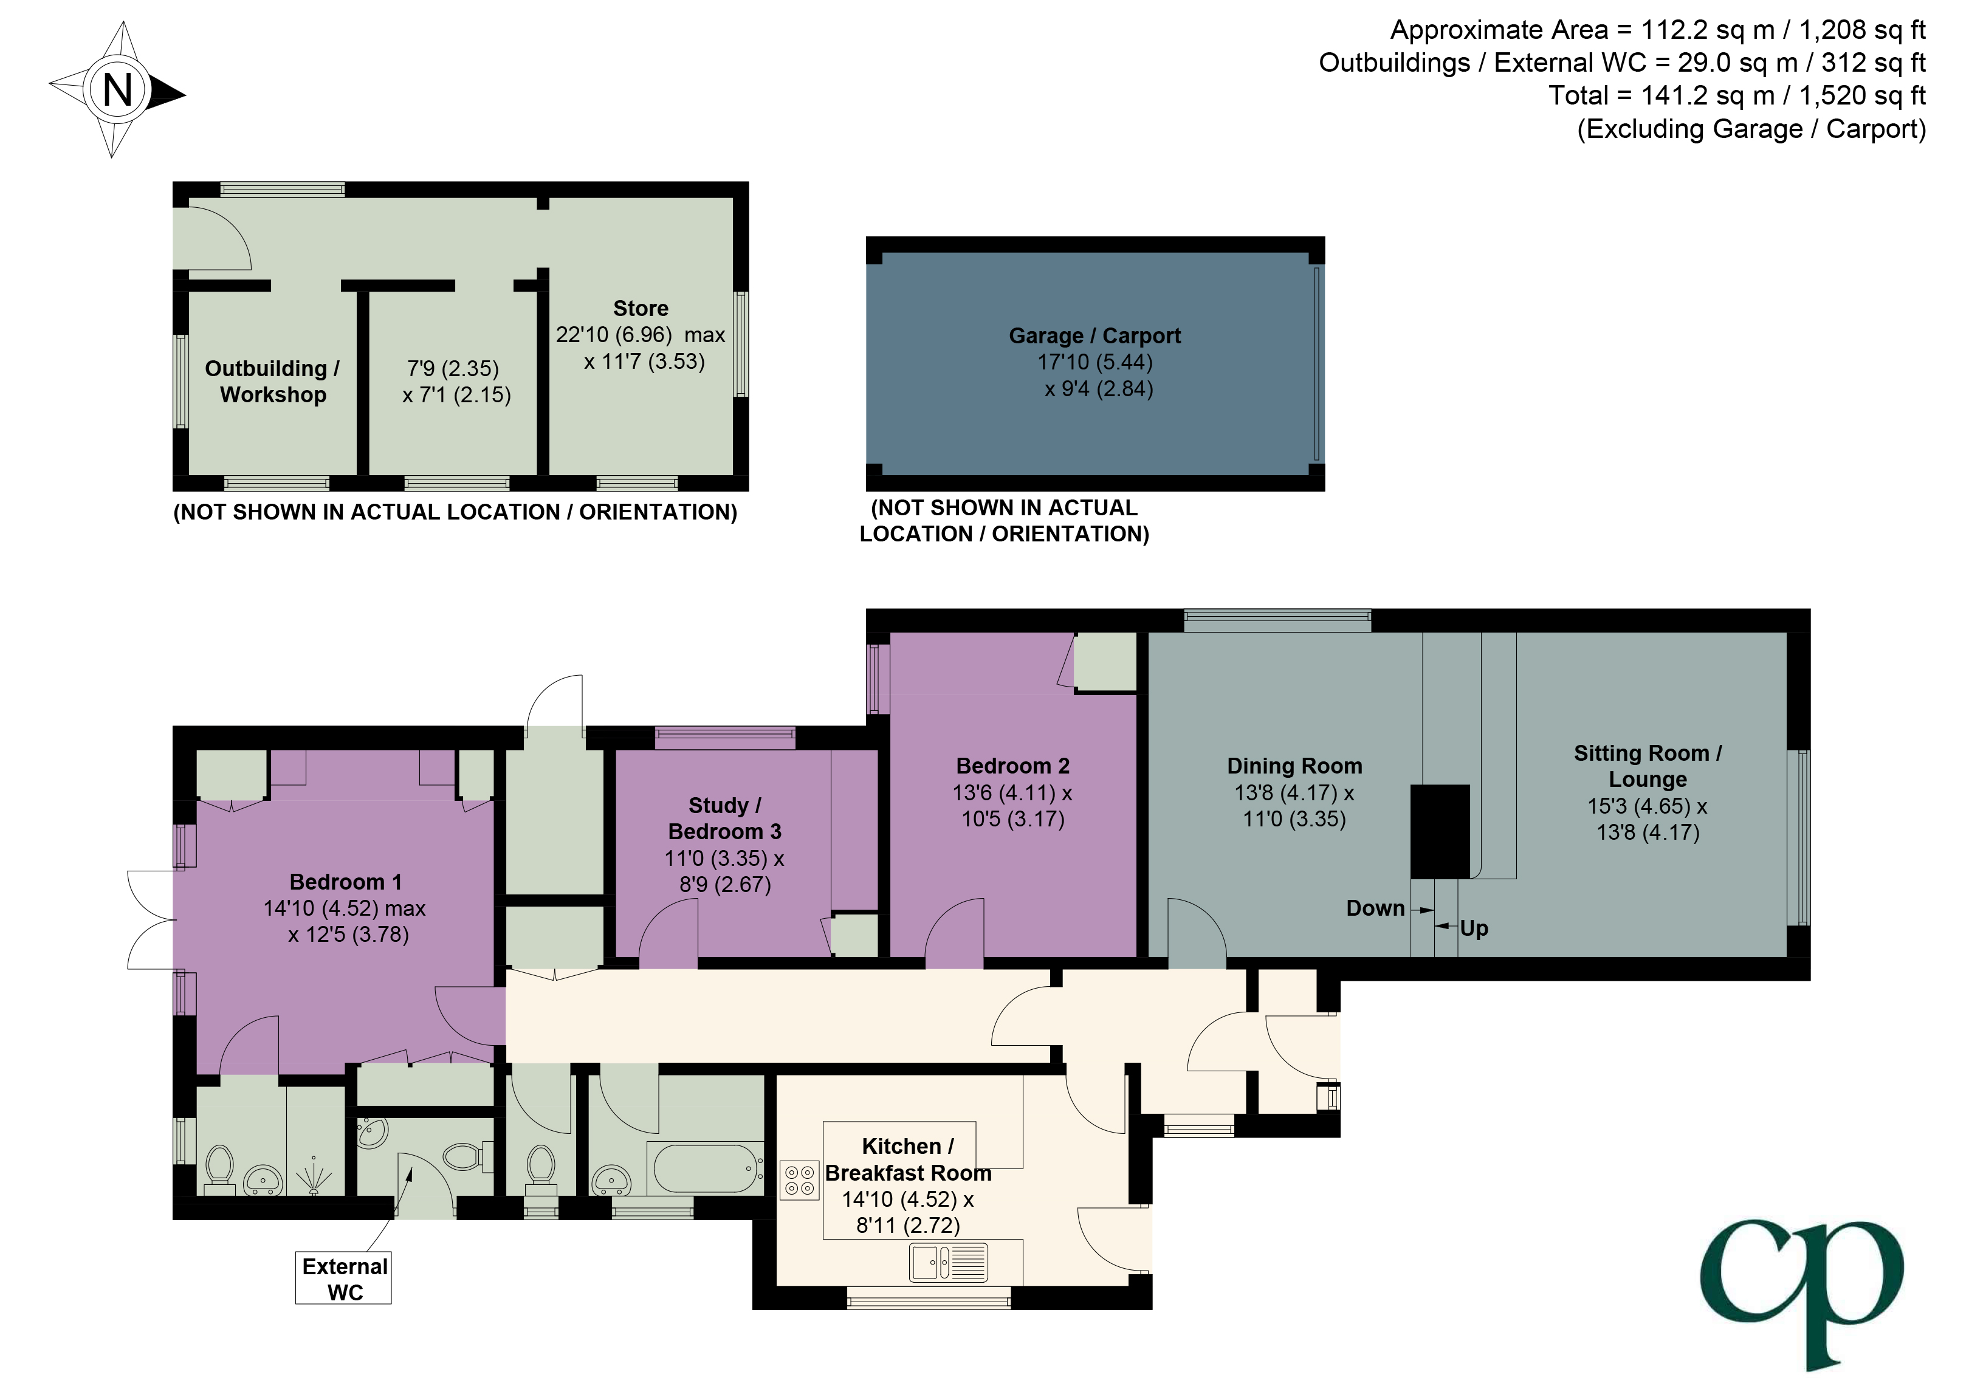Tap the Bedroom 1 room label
(346, 882)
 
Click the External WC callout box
(344, 1278)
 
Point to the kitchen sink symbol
(948, 1263)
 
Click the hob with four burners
(799, 1180)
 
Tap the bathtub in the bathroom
(707, 1168)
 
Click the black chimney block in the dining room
(1439, 830)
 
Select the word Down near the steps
(1375, 908)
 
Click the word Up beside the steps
(1474, 928)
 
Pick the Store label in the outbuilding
(641, 309)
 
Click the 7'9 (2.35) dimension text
(453, 369)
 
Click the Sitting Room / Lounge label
(1648, 766)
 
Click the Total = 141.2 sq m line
(1736, 95)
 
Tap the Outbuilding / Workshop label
(272, 381)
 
